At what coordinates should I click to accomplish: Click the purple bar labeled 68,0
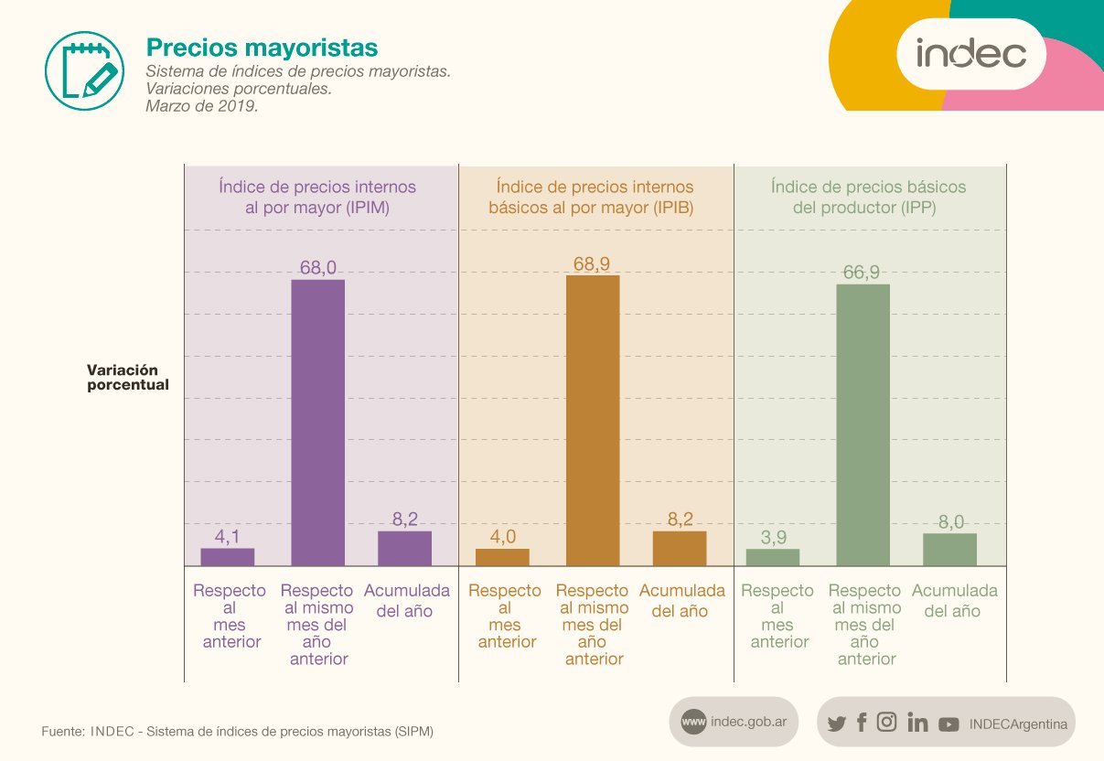(318, 423)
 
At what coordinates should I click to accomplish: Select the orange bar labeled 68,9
(593, 421)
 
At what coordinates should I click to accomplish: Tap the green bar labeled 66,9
(863, 424)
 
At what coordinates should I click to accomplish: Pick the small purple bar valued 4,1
(227, 557)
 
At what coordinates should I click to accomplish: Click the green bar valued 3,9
(773, 557)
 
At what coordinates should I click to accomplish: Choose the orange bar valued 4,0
(502, 557)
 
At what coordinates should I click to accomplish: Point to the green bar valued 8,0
(949, 550)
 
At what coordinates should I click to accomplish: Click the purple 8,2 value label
(405, 519)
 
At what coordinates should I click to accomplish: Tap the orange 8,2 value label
(681, 519)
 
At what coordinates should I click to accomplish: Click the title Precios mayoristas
(263, 48)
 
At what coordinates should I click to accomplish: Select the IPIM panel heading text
(317, 198)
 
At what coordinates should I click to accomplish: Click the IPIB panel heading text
(592, 198)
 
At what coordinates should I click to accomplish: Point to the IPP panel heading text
(867, 198)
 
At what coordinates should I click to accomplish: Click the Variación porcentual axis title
(128, 378)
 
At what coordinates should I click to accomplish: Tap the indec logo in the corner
(971, 54)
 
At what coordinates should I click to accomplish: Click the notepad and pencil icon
(85, 71)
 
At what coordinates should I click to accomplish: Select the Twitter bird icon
(837, 723)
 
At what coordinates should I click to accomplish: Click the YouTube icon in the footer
(949, 724)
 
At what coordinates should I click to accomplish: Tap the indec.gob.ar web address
(748, 722)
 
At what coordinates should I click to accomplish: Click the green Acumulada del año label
(955, 601)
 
